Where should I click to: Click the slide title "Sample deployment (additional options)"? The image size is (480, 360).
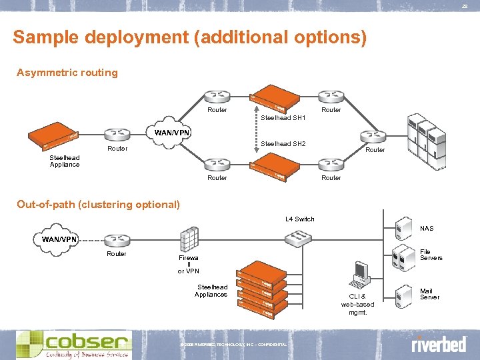[x=189, y=37]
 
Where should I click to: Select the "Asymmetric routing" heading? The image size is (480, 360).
[x=67, y=73]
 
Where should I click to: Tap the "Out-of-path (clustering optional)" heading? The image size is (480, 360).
[x=98, y=204]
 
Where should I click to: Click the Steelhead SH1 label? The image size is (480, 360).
[x=283, y=118]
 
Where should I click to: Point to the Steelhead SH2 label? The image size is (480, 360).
[x=283, y=144]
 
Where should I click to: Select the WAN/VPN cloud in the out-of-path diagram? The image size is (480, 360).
[x=60, y=239]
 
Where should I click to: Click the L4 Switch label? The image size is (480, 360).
[x=299, y=219]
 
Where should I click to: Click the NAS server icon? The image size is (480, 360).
[x=403, y=229]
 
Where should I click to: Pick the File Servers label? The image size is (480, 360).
[x=431, y=255]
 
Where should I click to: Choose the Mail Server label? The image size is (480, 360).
[x=429, y=294]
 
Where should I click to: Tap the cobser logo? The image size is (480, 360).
[x=73, y=344]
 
